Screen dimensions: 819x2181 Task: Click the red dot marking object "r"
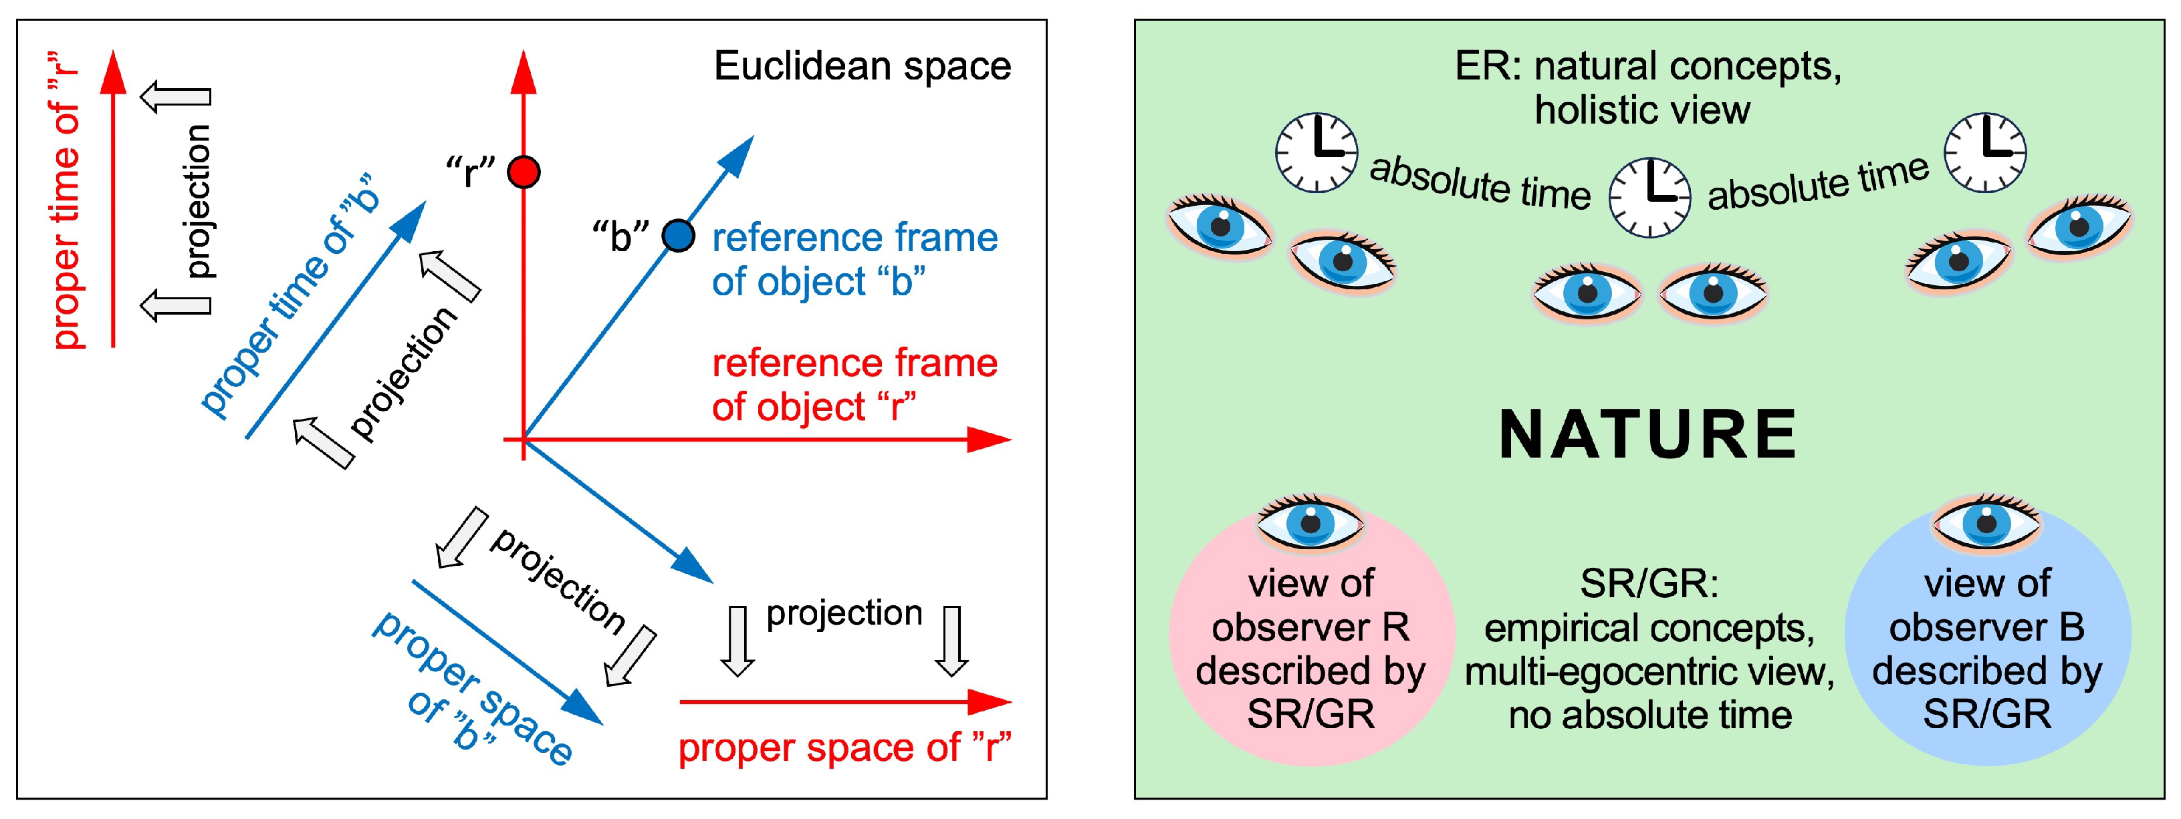(524, 172)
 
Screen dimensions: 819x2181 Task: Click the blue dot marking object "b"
(678, 235)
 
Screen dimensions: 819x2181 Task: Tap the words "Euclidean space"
(862, 66)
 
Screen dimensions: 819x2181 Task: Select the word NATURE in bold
(1647, 434)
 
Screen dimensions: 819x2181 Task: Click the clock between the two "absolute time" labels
(1649, 196)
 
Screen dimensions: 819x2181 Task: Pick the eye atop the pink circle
(1310, 522)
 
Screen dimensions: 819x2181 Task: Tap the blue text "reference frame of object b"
(853, 259)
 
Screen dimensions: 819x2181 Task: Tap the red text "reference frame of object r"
(853, 385)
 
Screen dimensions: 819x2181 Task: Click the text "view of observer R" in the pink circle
(1310, 605)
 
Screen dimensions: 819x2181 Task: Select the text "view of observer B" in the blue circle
(1986, 605)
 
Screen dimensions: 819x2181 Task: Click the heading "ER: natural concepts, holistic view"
(1647, 88)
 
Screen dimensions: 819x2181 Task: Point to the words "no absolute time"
(1649, 715)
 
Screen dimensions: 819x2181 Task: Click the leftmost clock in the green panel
(1316, 152)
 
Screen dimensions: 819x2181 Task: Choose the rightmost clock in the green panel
(1984, 152)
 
